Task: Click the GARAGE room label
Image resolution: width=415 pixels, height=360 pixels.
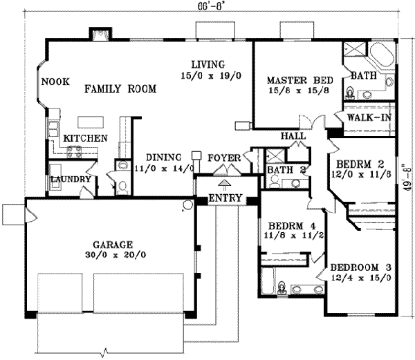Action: click(113, 244)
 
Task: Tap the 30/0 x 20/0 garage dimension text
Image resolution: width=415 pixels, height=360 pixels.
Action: click(113, 254)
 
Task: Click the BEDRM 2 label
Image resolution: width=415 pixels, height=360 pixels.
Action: click(359, 164)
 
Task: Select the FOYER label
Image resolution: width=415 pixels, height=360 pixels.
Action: click(224, 158)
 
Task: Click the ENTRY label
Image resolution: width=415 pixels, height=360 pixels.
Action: click(225, 198)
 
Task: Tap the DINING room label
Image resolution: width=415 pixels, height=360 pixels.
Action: click(163, 156)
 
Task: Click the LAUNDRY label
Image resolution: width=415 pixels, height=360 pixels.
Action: click(71, 180)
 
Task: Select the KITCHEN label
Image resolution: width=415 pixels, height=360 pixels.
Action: click(85, 139)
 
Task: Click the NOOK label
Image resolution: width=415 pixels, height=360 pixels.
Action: click(55, 82)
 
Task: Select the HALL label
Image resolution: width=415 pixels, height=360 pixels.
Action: click(293, 136)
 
